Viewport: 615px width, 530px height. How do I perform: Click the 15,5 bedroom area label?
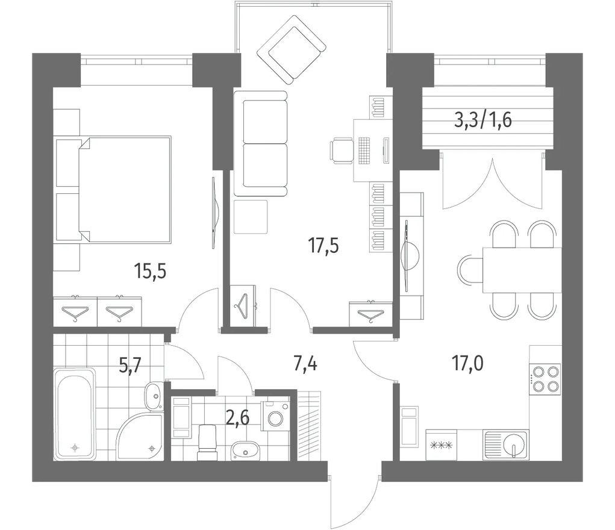click(x=150, y=271)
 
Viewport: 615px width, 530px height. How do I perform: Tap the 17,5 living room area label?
click(x=323, y=246)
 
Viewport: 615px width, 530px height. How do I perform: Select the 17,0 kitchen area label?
click(x=468, y=363)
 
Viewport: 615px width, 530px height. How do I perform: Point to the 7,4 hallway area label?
click(x=305, y=363)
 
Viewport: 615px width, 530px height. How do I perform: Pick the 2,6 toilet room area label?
click(x=238, y=418)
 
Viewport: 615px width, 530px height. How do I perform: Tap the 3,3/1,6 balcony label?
click(x=483, y=120)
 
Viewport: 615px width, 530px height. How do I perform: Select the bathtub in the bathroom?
click(x=75, y=414)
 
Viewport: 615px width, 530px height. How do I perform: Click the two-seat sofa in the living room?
click(x=261, y=143)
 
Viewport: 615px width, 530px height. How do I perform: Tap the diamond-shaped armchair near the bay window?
click(x=292, y=50)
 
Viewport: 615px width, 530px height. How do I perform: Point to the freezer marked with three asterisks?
click(x=442, y=444)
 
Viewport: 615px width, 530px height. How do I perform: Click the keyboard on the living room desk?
click(x=364, y=151)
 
